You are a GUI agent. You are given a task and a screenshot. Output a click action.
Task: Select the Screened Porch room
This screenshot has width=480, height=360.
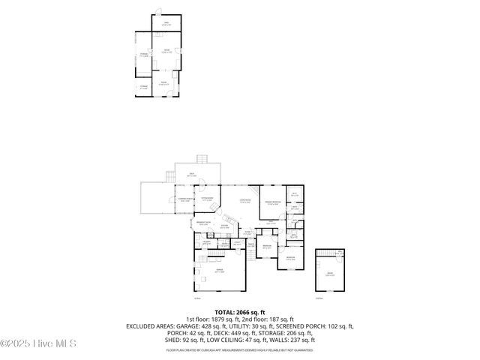(184, 199)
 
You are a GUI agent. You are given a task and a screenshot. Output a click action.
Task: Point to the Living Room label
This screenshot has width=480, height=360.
(244, 200)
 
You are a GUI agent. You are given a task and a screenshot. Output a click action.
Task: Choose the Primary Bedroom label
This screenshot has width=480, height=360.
(272, 202)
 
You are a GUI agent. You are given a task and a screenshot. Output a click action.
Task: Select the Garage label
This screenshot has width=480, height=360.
(220, 271)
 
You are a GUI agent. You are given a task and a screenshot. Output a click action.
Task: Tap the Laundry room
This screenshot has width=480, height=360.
(206, 242)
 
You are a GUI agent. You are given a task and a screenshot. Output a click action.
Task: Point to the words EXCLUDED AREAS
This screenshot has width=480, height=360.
(151, 326)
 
